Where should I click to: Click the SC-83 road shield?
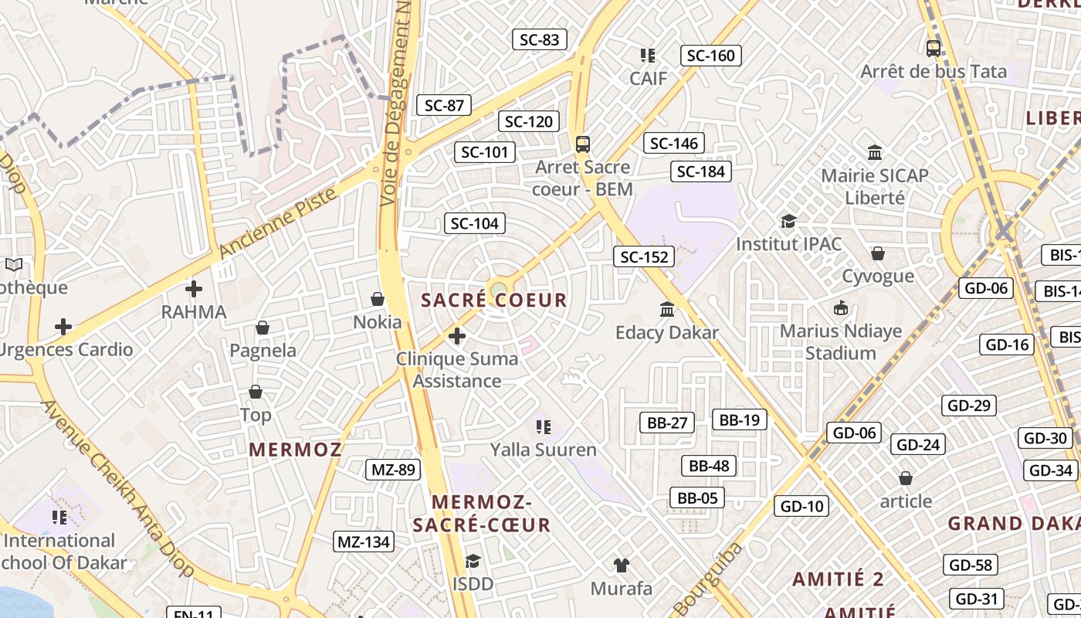[539, 39]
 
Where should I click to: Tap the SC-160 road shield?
[710, 56]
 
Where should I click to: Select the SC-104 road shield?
[474, 224]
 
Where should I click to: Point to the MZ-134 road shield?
[364, 542]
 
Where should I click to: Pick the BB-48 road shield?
[708, 466]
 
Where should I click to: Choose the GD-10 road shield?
[801, 507]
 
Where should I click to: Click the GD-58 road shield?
[970, 565]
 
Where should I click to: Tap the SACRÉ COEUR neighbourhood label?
[494, 301]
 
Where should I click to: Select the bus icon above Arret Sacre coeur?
[583, 144]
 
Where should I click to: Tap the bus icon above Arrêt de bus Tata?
[933, 48]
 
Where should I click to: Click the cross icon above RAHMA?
[193, 289]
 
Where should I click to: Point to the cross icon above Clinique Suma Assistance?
[457, 336]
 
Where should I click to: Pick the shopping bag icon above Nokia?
[378, 299]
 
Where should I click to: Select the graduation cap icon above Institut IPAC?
[788, 222]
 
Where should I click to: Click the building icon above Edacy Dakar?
[666, 310]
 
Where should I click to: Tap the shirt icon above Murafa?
[621, 565]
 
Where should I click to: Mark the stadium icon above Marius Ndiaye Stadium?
[840, 308]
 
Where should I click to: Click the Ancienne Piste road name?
[279, 222]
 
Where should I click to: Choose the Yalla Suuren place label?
[544, 450]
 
